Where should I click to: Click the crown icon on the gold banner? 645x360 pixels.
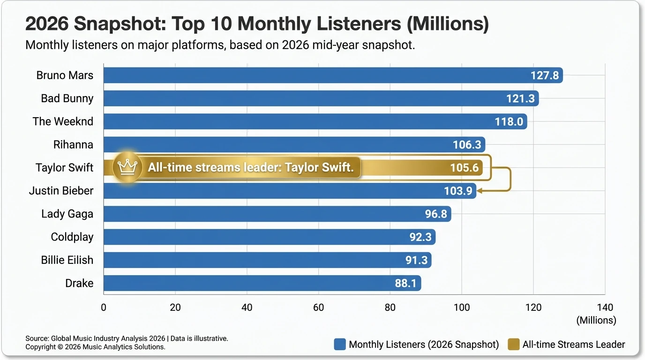pos(127,167)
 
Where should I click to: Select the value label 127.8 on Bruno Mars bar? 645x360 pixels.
pos(545,75)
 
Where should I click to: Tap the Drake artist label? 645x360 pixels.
pos(79,283)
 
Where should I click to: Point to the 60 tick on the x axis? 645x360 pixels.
pos(318,308)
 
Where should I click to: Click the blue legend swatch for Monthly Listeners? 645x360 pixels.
pos(340,345)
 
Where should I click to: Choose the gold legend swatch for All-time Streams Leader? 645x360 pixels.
pos(514,345)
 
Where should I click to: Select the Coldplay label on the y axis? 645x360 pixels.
pos(72,237)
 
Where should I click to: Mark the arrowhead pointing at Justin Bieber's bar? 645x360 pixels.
pos(480,191)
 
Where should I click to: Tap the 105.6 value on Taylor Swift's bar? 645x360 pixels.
pos(464,168)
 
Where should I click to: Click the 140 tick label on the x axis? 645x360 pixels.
pos(605,308)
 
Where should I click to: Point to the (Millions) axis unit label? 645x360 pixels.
pos(596,321)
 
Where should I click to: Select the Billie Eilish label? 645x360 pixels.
pos(67,260)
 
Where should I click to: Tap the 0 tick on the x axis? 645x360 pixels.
pos(104,308)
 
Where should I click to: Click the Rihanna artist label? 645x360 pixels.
pos(73,144)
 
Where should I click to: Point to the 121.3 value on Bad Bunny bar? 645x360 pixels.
pos(521,98)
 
